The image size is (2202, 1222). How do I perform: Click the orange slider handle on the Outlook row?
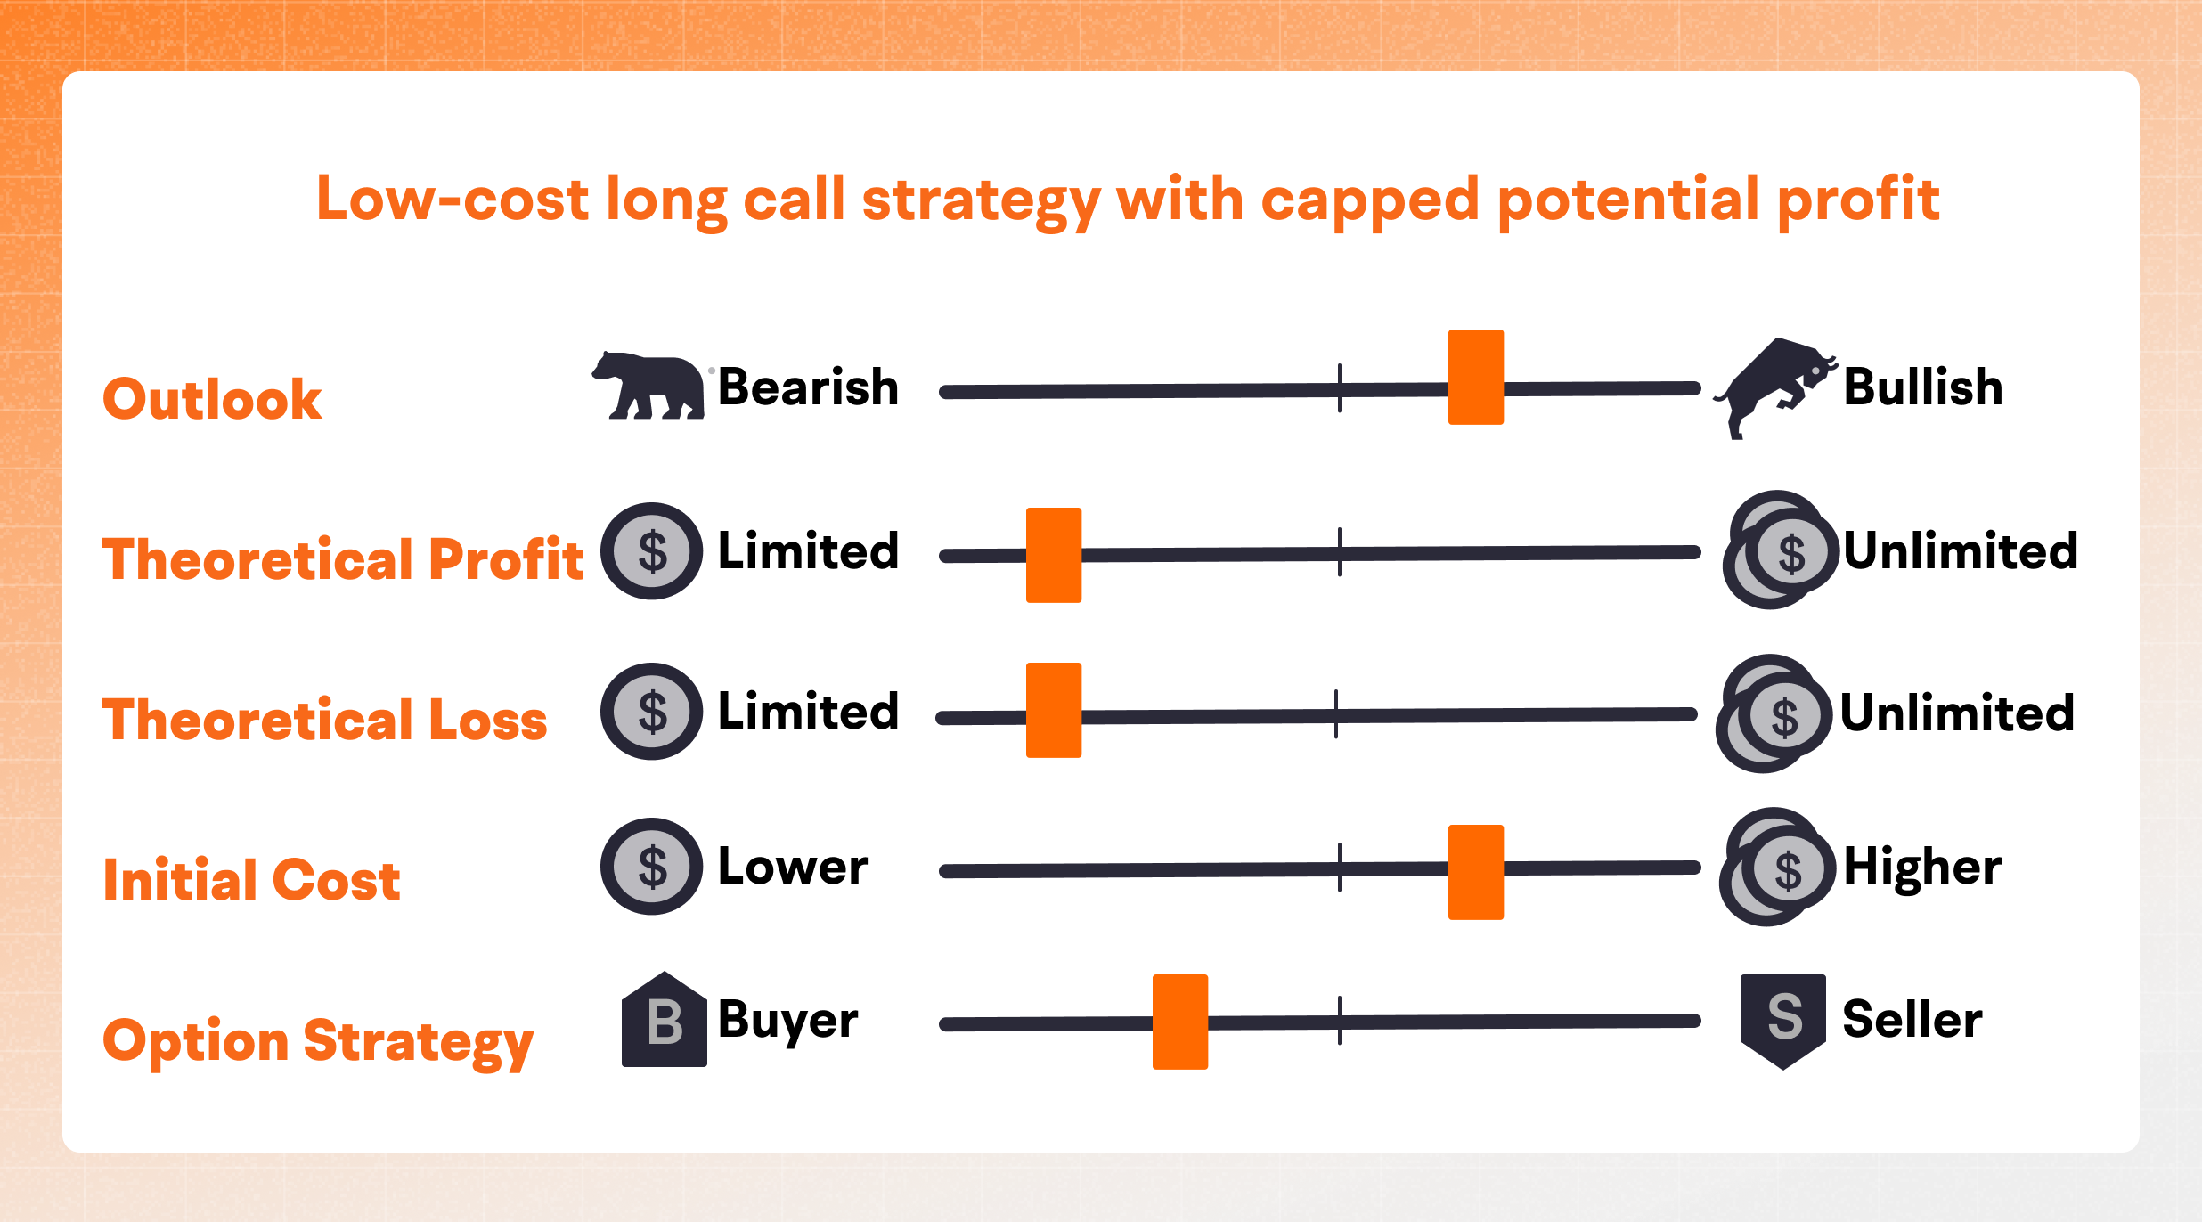(1475, 377)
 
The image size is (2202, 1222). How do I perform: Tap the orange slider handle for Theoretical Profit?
(1053, 555)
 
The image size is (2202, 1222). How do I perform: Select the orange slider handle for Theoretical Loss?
(1053, 710)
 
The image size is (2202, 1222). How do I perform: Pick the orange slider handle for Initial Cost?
(1475, 872)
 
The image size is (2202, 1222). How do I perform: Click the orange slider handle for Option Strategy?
(1179, 1022)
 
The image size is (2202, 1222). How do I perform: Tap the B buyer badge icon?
(664, 1020)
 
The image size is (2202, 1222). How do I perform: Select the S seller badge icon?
(1782, 1020)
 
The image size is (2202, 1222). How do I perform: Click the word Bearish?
(808, 387)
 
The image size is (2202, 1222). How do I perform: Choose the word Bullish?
(1922, 387)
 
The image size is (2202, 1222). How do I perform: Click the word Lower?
(792, 867)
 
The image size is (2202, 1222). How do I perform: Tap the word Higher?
(1921, 867)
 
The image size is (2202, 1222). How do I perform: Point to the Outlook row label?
(212, 398)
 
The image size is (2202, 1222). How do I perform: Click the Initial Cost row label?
(251, 880)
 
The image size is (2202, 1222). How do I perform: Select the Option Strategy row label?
(318, 1040)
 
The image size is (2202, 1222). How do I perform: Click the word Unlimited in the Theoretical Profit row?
(1960, 551)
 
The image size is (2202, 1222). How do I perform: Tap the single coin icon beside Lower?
(652, 867)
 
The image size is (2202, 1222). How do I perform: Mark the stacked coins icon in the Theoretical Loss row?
(1774, 713)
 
